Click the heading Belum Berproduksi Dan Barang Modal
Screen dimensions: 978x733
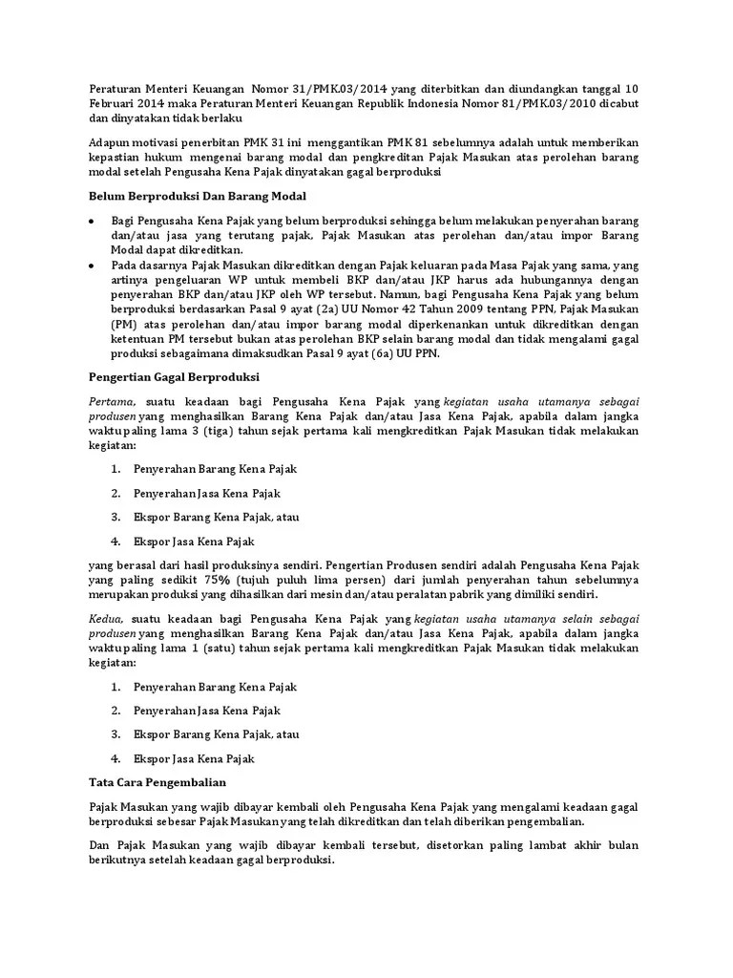pyautogui.click(x=197, y=197)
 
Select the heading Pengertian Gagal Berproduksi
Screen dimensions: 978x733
pyautogui.click(x=175, y=376)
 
